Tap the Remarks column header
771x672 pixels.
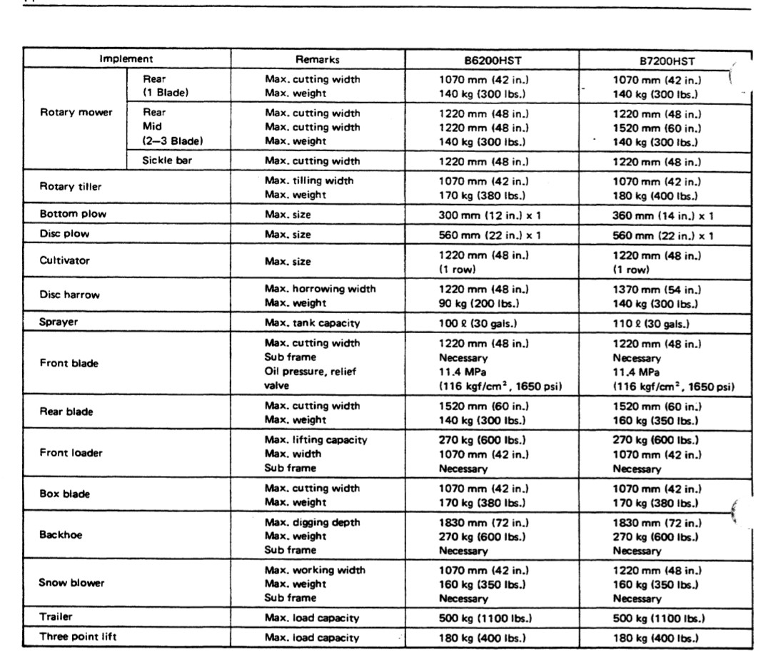(318, 60)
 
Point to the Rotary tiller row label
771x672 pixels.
(71, 187)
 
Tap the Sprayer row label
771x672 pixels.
(59, 322)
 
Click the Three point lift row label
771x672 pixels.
(78, 637)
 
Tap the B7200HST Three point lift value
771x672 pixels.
(655, 638)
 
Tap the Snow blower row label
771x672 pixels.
(71, 583)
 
